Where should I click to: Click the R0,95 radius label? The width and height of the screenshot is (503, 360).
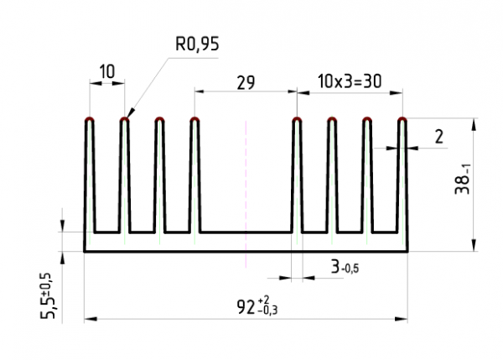(197, 44)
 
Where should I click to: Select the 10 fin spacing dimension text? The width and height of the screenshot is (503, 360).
(107, 71)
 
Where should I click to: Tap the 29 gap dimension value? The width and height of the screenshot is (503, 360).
(246, 82)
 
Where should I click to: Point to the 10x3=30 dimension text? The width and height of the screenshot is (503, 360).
(350, 81)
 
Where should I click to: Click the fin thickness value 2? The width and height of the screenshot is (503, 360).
(438, 137)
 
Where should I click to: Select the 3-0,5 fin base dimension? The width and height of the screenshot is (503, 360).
(345, 267)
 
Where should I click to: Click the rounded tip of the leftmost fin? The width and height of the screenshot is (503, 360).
(90, 119)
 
